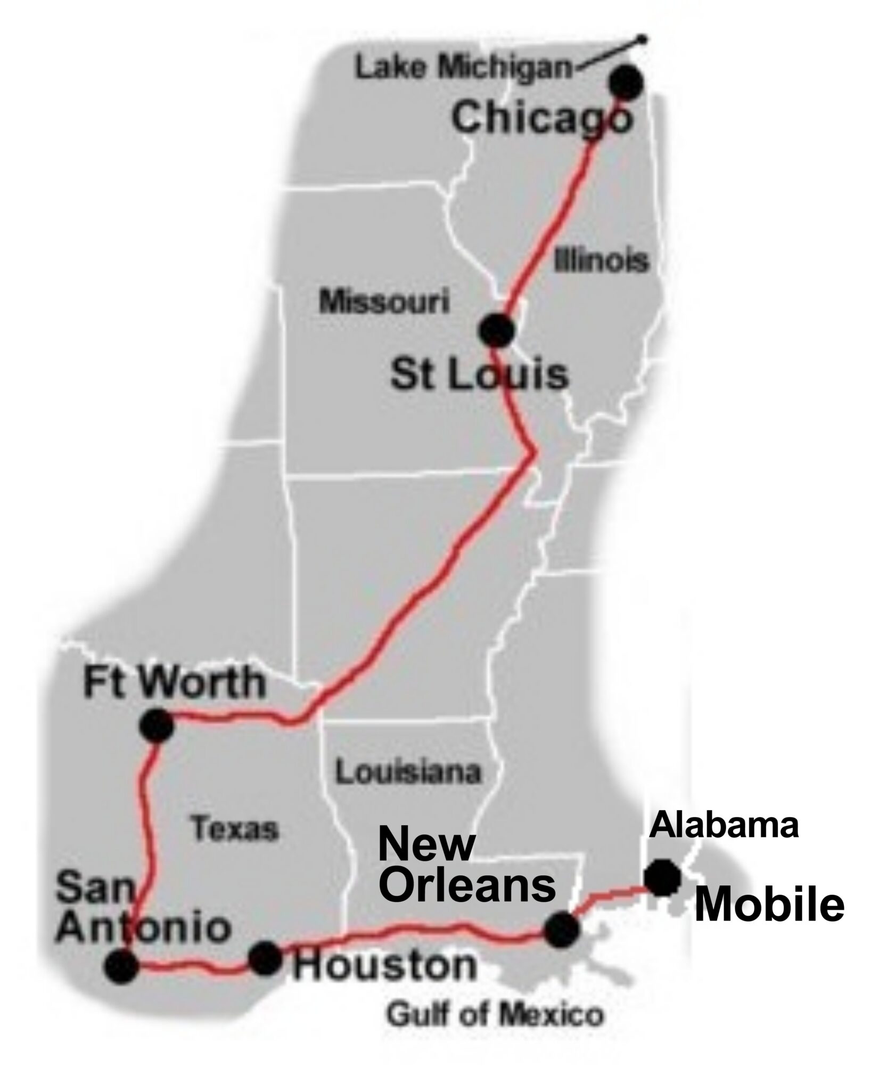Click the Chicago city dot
point(627,83)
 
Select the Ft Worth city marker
point(157,724)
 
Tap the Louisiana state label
point(408,771)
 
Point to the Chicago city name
point(542,118)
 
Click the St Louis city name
point(479,374)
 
